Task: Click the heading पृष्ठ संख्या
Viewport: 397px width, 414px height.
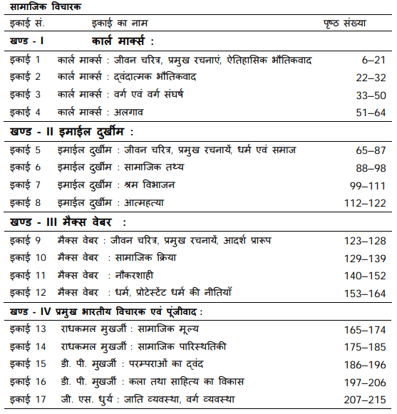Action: pos(345,22)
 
